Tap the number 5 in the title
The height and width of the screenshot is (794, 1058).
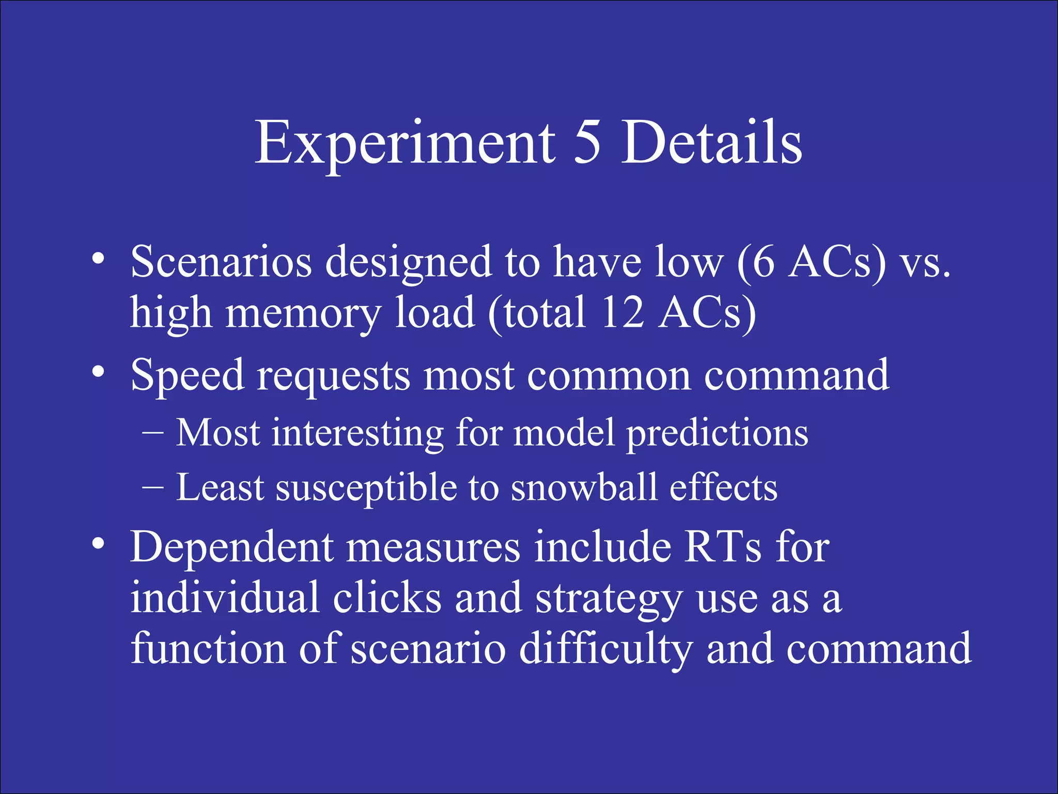coord(587,143)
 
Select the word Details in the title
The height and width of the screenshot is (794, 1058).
coord(711,143)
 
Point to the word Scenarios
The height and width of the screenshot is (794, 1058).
coord(221,262)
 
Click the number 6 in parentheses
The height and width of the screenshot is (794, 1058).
coord(764,262)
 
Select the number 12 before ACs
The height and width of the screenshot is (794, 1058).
coord(623,312)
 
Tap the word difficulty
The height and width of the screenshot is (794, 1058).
coord(605,649)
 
